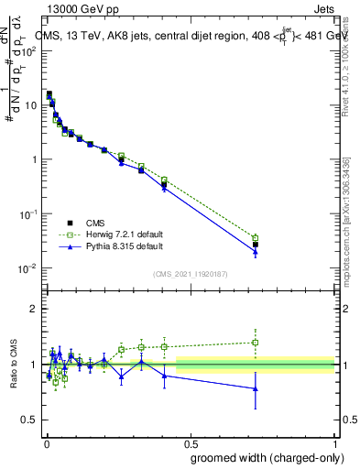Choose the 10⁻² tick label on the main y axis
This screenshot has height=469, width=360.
[x=27, y=267]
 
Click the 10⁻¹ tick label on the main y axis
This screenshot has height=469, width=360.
[x=27, y=213]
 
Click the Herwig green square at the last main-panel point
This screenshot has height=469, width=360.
[x=256, y=238]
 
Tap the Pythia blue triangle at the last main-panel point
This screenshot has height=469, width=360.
[x=256, y=252]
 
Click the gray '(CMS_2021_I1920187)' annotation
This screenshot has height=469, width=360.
[x=190, y=273]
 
